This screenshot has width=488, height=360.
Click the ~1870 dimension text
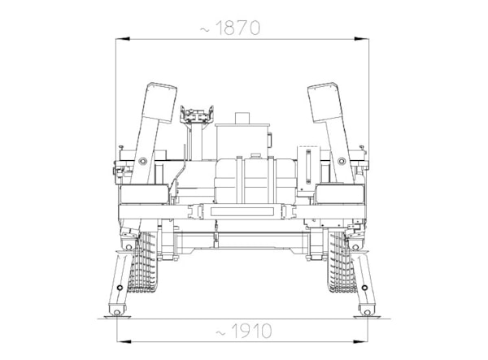coord(229,28)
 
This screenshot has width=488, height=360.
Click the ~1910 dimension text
coord(244,331)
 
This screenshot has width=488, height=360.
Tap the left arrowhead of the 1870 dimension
coord(123,39)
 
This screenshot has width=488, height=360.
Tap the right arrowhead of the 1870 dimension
coord(362,39)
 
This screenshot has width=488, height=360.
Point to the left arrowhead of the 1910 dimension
coord(124,341)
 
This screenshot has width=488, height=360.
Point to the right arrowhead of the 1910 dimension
coord(360,341)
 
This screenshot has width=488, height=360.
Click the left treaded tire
coord(143,262)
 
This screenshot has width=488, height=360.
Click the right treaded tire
coord(342,262)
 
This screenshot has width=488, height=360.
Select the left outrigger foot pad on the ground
coord(117,317)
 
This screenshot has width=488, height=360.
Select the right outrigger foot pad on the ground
coord(368,317)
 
